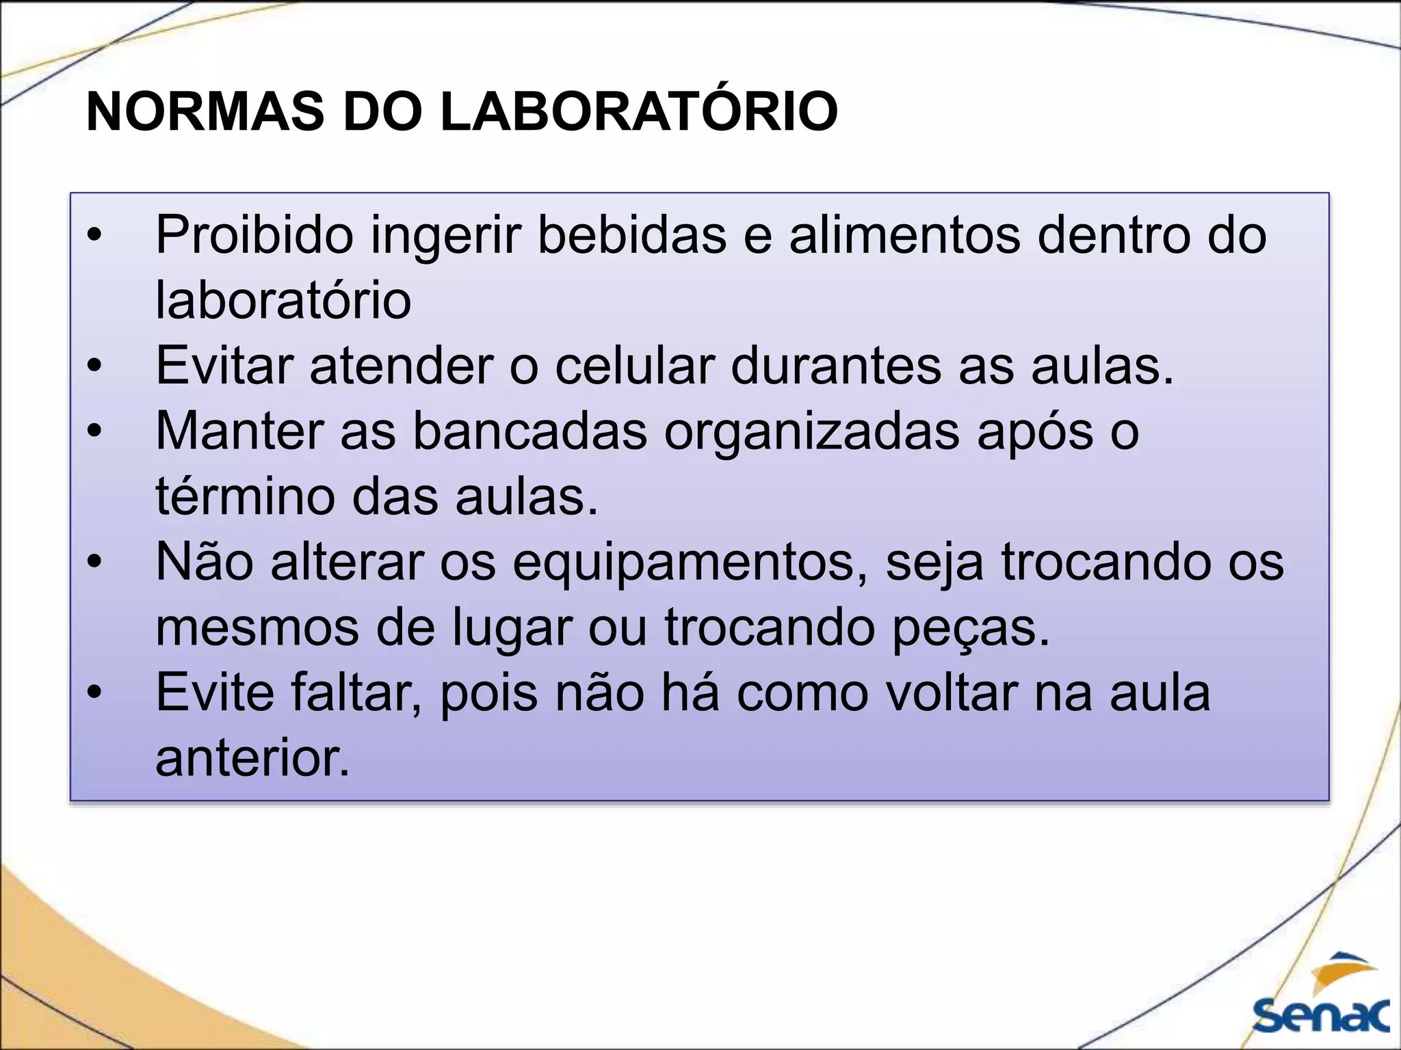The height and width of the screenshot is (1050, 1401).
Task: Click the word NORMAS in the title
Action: tap(205, 111)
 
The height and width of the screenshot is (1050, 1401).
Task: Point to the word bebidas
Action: tap(631, 234)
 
